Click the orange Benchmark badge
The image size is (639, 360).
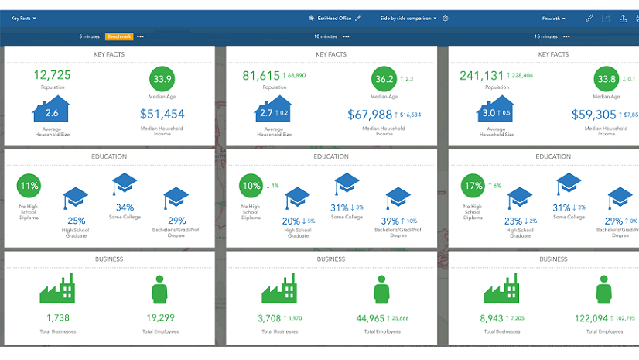pyautogui.click(x=120, y=36)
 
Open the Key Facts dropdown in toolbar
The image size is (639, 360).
pyautogui.click(x=23, y=18)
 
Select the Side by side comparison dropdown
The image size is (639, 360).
pyautogui.click(x=408, y=18)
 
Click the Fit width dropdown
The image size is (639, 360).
pyautogui.click(x=553, y=18)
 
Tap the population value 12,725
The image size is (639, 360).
pyautogui.click(x=53, y=75)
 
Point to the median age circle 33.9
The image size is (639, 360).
pyautogui.click(x=162, y=79)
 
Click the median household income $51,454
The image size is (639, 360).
pyautogui.click(x=162, y=115)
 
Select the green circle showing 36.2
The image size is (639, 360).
pyautogui.click(x=384, y=79)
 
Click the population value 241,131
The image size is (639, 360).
pyautogui.click(x=482, y=75)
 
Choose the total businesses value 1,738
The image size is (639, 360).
pyautogui.click(x=58, y=318)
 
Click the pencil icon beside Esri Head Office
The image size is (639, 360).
pyautogui.click(x=358, y=18)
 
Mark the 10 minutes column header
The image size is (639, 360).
pyautogui.click(x=326, y=36)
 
